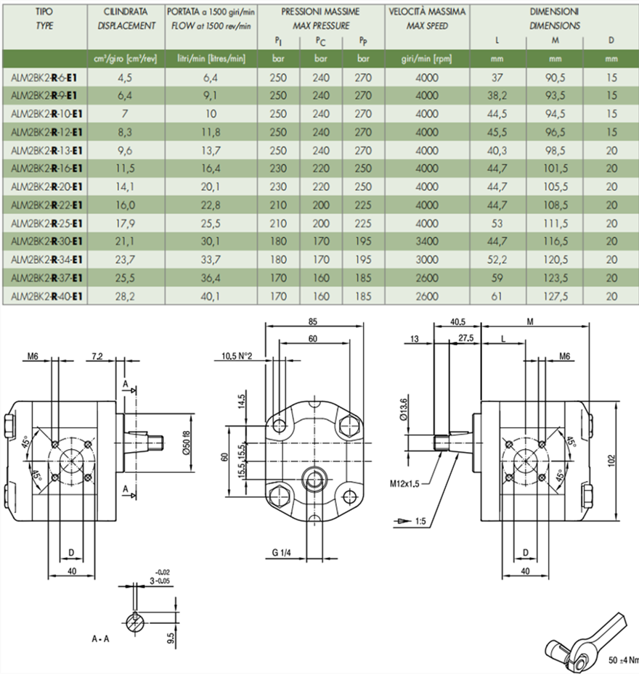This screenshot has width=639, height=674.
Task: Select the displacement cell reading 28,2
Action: pyautogui.click(x=126, y=296)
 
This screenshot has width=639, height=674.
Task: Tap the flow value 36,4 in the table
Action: pyautogui.click(x=208, y=278)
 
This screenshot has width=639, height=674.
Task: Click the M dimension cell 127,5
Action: pyautogui.click(x=555, y=296)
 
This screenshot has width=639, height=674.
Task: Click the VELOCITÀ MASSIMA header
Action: pyautogui.click(x=427, y=12)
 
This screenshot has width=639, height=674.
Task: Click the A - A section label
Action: pyautogui.click(x=101, y=639)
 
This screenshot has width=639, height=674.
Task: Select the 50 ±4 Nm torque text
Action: pyautogui.click(x=623, y=660)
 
